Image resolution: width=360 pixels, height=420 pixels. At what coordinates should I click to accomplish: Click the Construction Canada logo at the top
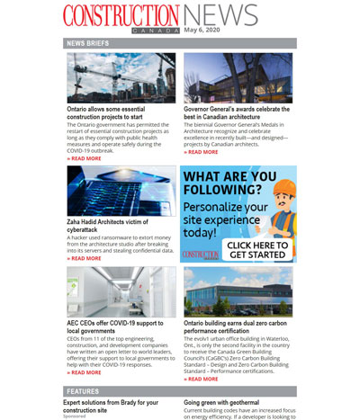pos(121,16)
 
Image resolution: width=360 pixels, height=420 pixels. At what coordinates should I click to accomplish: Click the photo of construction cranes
pos(121,77)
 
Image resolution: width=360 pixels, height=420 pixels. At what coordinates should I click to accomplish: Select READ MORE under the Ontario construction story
pos(85,158)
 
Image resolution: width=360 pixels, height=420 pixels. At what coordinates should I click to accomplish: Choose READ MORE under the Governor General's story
pos(202,152)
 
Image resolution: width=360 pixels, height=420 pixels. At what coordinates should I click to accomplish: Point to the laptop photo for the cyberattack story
pos(121,190)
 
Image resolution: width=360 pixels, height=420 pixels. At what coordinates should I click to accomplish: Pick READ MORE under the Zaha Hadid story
pos(85,258)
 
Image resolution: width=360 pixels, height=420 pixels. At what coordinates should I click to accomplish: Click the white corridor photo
pos(121,290)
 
